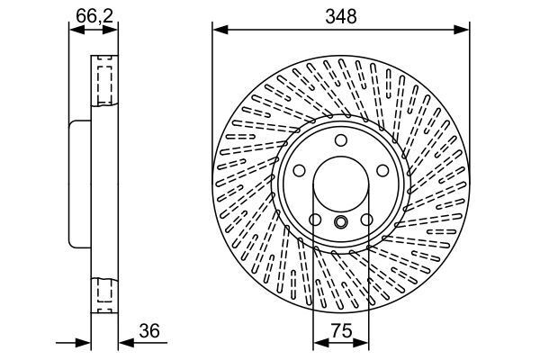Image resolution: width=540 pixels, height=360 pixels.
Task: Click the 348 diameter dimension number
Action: pos(340,15)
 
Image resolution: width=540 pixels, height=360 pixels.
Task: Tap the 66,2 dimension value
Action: pos(93,15)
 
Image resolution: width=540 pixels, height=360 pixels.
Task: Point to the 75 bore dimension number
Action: pos(340,330)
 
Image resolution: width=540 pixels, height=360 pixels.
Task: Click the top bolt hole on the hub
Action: pos(340,139)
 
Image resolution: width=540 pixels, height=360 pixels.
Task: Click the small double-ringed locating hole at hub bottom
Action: pos(340,223)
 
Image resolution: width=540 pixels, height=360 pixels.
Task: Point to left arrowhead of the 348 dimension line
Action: pos(217,30)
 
